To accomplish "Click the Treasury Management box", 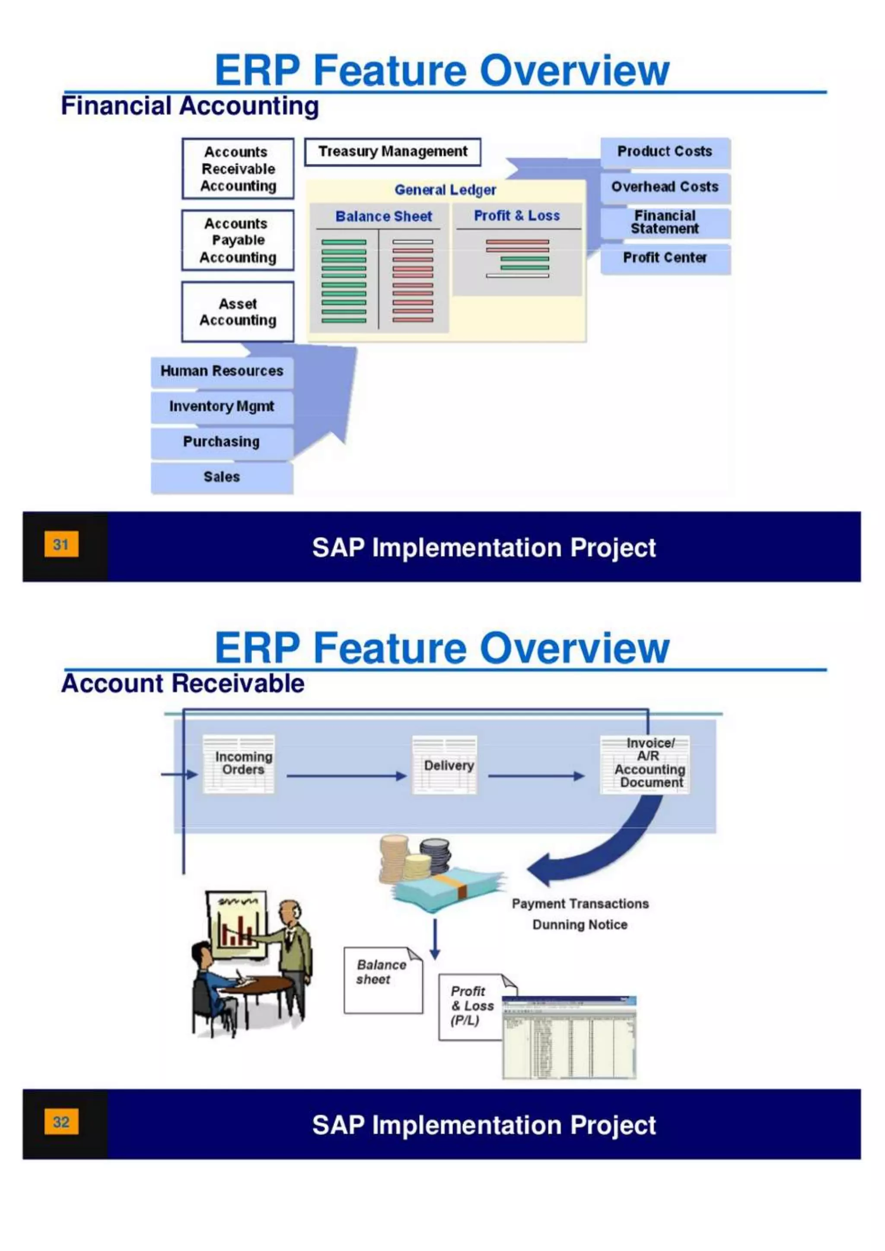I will (x=392, y=152).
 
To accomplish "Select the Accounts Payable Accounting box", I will (x=238, y=240).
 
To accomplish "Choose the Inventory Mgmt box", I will (x=222, y=406).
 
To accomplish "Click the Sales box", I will (x=222, y=477).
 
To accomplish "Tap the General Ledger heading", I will (x=445, y=190).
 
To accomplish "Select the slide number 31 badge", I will (x=61, y=544).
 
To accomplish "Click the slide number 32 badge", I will (x=61, y=1122).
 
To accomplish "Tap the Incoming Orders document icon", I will (x=239, y=763).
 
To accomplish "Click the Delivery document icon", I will (x=445, y=765).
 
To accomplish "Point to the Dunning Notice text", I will (x=580, y=924).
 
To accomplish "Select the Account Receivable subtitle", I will (x=182, y=684).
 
